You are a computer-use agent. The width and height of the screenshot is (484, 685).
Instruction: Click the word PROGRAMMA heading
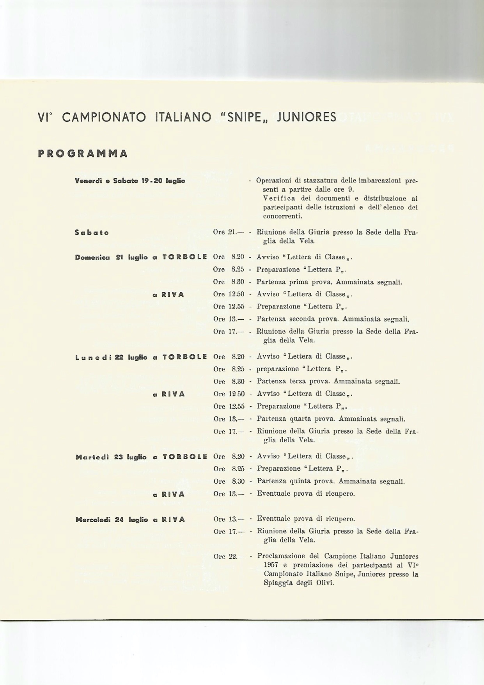(x=83, y=154)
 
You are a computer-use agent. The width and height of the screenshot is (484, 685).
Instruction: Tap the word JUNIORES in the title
(x=306, y=117)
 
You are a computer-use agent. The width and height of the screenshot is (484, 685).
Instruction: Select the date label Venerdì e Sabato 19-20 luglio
(x=130, y=181)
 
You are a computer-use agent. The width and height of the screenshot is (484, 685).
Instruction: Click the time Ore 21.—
(x=229, y=232)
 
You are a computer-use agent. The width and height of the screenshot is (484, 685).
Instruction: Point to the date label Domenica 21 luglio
(x=111, y=257)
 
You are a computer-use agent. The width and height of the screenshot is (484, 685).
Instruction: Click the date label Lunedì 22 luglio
(x=111, y=357)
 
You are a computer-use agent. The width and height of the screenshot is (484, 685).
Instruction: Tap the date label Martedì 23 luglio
(x=111, y=457)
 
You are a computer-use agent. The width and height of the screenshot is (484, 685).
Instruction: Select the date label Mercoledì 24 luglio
(x=112, y=520)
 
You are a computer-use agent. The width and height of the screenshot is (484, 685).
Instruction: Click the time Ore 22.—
(x=229, y=557)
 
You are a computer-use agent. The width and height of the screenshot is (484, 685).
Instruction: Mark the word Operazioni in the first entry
(x=273, y=181)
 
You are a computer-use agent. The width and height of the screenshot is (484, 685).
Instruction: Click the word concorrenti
(x=283, y=216)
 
